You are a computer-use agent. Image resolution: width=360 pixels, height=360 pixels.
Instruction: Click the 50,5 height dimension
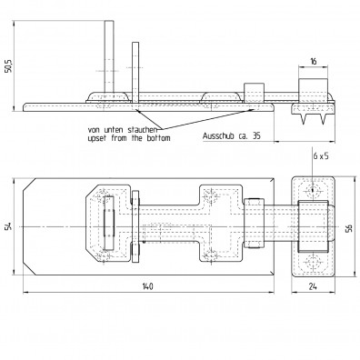(8, 66)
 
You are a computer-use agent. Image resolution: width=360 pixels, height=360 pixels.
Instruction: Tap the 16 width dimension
(314, 62)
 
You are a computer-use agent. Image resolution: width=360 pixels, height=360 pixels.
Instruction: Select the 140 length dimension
(147, 286)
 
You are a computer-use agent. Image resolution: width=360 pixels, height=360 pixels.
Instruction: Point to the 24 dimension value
(313, 286)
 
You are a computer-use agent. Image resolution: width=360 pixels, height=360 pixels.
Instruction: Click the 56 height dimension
(349, 228)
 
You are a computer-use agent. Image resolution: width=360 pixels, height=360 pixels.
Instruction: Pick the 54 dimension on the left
(8, 226)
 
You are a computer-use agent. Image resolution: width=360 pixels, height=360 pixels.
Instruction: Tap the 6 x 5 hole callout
(321, 156)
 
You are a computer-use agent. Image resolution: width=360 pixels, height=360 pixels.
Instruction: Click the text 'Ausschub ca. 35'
(232, 135)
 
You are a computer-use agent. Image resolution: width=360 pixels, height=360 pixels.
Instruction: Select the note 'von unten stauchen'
(122, 130)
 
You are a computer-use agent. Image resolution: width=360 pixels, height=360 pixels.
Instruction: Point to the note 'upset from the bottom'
(129, 138)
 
